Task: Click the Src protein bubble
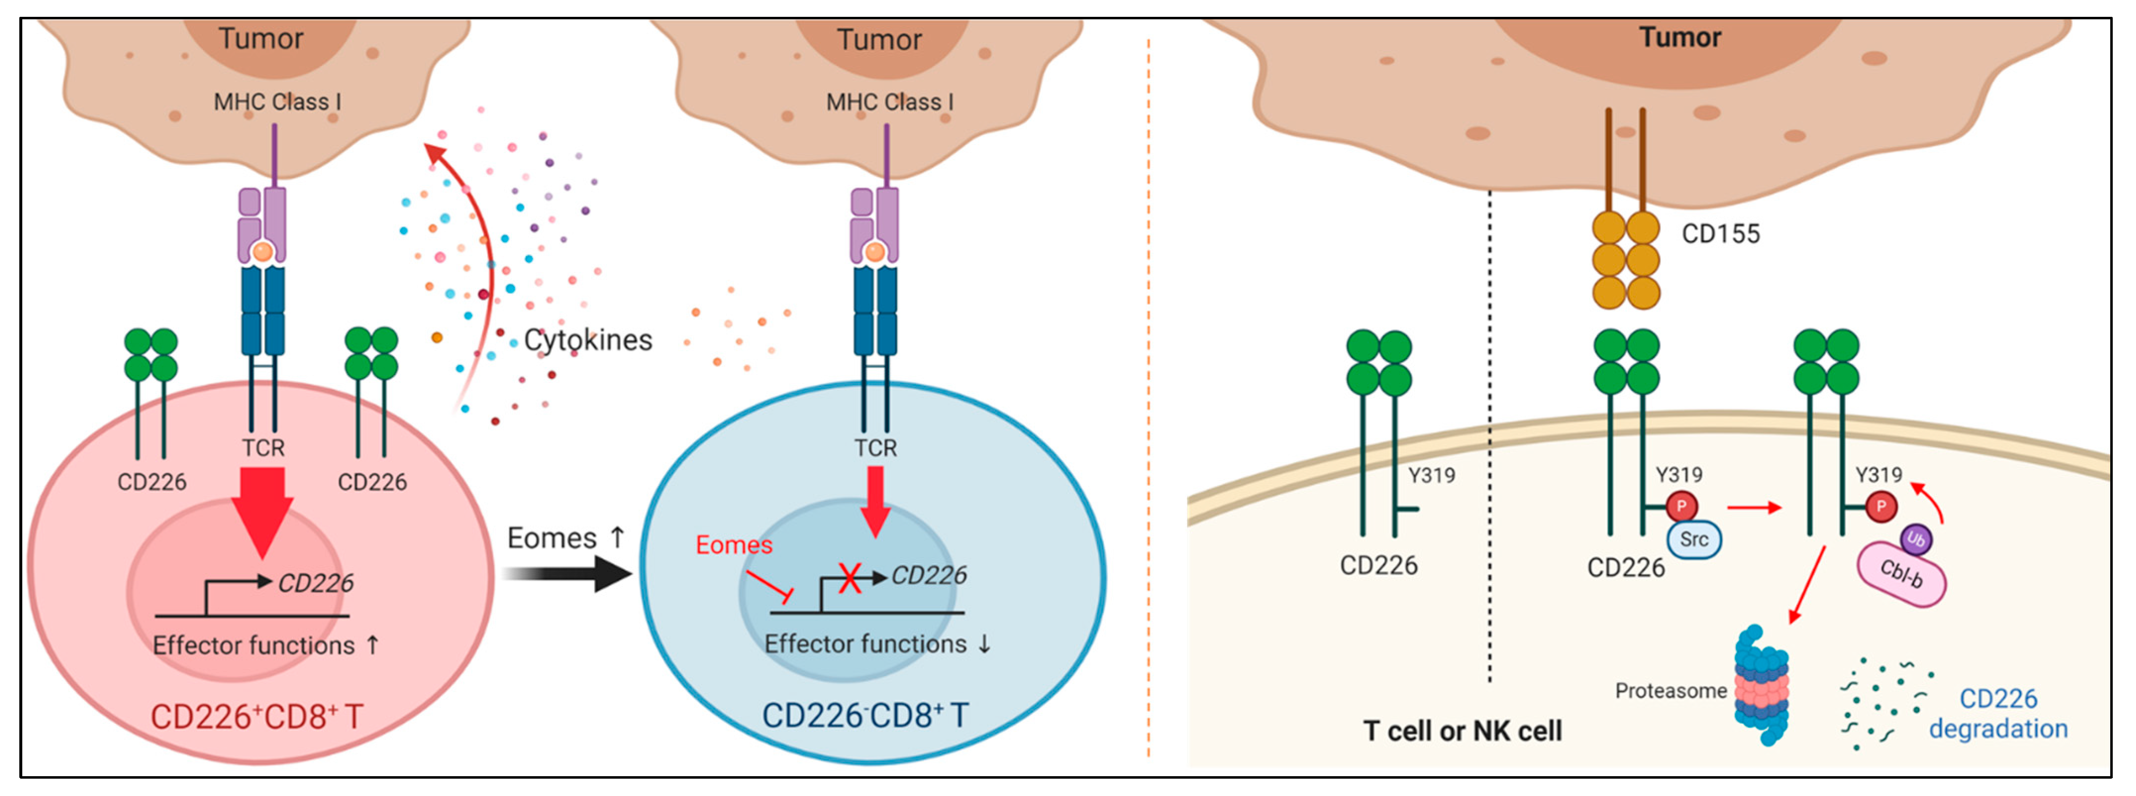[1694, 539]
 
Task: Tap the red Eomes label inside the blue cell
[734, 545]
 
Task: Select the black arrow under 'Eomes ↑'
[568, 574]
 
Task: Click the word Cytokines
[588, 340]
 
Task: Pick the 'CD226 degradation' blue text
[1997, 713]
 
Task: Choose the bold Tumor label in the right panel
[1680, 37]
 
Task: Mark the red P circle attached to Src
[1681, 506]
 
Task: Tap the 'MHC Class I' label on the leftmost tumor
[277, 102]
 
